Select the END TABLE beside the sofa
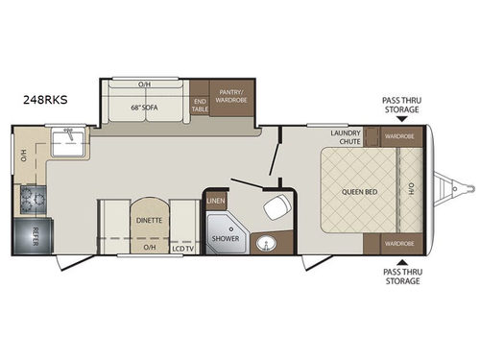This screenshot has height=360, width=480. [x=200, y=105]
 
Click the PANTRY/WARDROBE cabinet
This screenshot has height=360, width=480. [x=231, y=98]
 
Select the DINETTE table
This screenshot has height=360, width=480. [x=149, y=220]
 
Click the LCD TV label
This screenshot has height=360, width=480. [x=183, y=248]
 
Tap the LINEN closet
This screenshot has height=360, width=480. [x=216, y=202]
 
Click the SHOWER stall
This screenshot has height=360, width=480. [x=225, y=235]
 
